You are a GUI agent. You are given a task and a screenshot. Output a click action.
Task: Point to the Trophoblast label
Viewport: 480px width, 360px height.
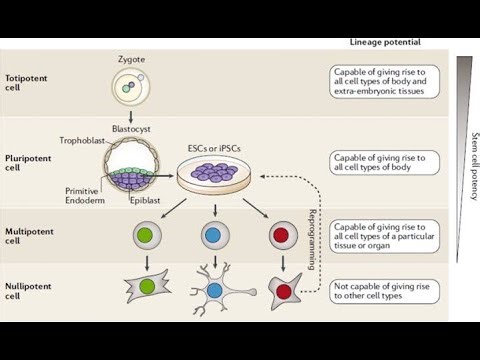click(83, 142)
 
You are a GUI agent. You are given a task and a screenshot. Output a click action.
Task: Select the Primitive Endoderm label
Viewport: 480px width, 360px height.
click(86, 195)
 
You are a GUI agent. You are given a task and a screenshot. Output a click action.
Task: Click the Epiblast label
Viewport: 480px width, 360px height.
click(147, 200)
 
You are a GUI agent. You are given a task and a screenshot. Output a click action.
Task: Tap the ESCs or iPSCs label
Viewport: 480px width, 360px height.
click(215, 148)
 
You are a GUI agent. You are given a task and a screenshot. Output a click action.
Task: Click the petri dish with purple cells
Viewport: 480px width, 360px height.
click(215, 176)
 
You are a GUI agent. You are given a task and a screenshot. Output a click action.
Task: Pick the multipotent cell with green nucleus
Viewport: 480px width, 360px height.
click(147, 236)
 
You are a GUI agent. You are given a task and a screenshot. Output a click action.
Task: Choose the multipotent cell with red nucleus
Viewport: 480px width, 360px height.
click(282, 236)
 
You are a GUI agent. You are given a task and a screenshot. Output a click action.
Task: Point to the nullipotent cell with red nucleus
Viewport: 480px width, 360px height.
click(283, 290)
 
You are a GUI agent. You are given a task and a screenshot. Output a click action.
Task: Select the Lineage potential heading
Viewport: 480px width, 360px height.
click(385, 42)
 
